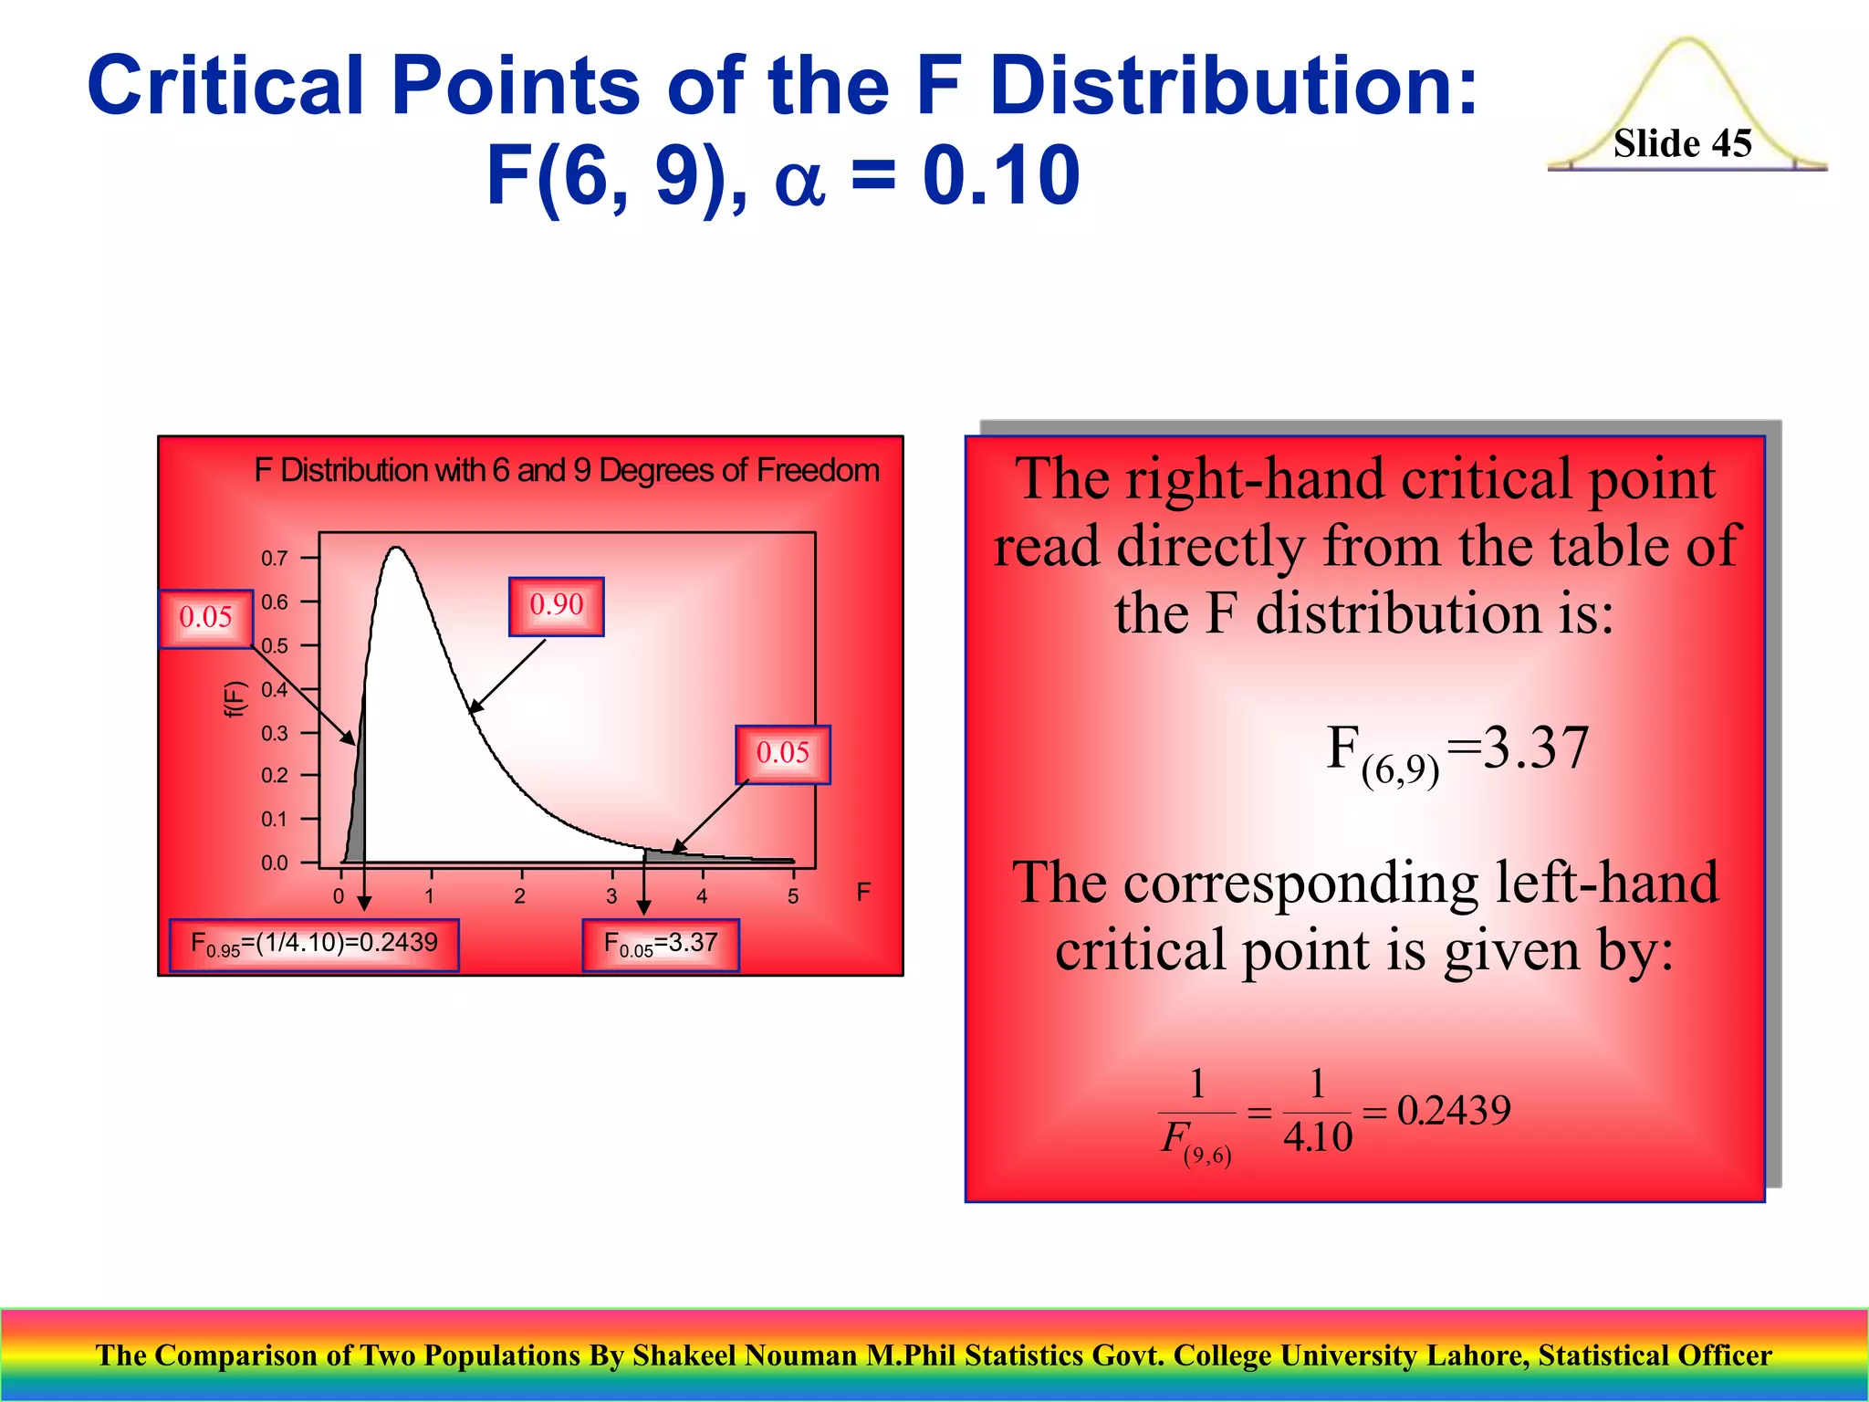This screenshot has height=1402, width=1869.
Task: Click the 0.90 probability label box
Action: click(556, 605)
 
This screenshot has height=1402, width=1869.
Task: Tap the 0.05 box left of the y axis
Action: click(205, 618)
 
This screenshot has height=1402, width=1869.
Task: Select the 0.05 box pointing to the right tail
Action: click(782, 754)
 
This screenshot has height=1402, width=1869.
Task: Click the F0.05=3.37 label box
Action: click(661, 944)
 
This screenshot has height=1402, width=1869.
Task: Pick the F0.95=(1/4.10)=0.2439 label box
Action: click(314, 944)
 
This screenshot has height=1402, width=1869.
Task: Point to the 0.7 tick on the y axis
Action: click(275, 558)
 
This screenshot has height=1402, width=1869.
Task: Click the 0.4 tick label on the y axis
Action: click(275, 689)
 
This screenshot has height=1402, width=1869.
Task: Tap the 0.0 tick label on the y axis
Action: click(275, 863)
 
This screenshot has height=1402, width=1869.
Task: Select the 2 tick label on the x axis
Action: click(519, 896)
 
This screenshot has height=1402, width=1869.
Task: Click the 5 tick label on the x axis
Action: click(793, 896)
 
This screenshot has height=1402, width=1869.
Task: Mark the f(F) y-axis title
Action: click(235, 699)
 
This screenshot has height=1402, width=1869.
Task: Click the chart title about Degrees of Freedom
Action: click(566, 470)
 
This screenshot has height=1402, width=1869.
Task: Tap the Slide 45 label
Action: click(1682, 143)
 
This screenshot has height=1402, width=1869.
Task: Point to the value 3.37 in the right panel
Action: click(1536, 748)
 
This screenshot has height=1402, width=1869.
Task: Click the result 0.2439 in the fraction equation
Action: click(1454, 1110)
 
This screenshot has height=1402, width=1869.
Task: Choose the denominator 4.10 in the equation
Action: click(1317, 1137)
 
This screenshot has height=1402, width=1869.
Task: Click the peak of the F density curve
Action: click(396, 548)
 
